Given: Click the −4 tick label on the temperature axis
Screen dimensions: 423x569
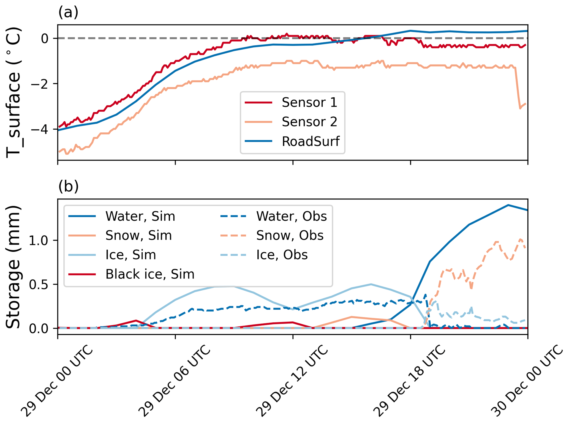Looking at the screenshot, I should click(x=40, y=129).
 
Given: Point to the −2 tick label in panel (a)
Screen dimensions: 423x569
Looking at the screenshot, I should click(x=40, y=83).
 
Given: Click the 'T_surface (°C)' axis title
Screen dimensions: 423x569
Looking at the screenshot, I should click(x=13, y=92).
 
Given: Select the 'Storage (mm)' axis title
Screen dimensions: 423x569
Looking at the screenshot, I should click(x=13, y=267).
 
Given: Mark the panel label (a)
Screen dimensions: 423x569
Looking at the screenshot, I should click(x=68, y=12).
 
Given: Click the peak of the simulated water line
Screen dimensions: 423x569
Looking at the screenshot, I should click(x=508, y=205).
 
